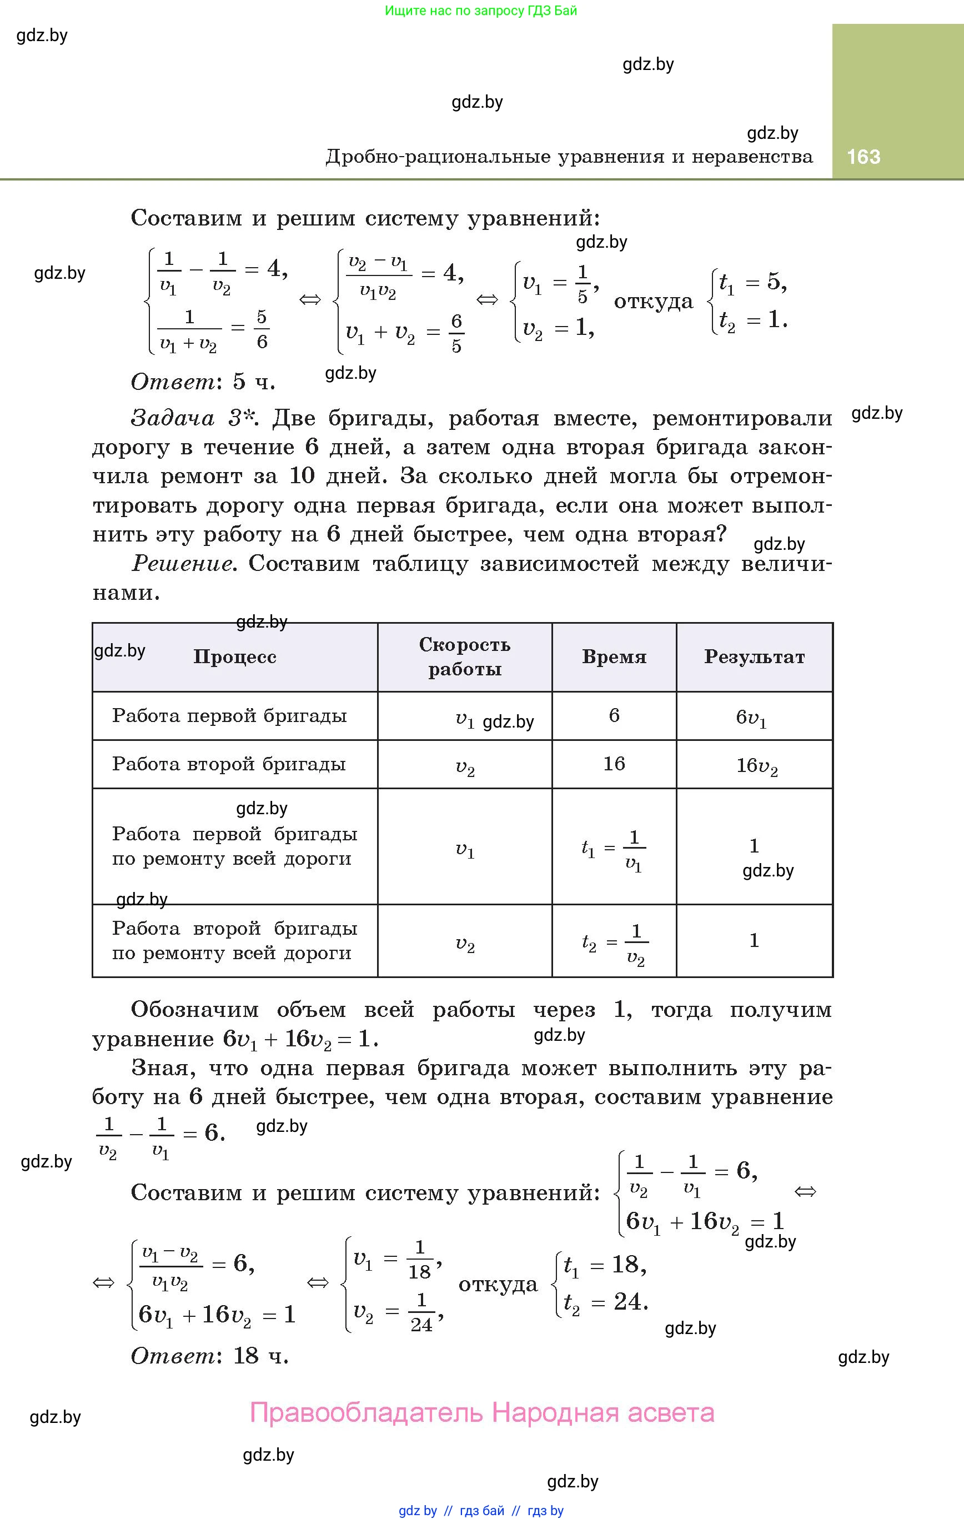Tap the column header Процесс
235,657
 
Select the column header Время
614,657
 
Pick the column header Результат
755,657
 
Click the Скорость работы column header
465,657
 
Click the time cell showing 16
614,764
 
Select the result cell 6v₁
751,718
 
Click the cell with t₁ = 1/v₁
614,848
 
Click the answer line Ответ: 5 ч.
203,382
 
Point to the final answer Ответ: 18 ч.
209,1355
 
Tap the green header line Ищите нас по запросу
481,11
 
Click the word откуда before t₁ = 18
498,1284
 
